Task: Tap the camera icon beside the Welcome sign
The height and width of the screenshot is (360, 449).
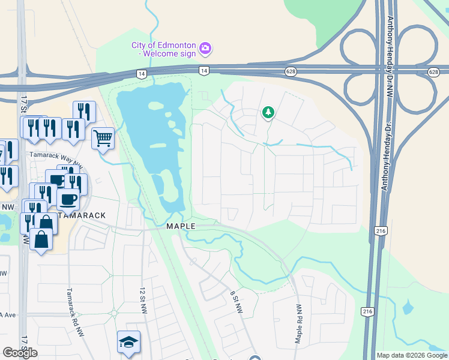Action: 205,47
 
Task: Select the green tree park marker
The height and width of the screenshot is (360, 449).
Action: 268,112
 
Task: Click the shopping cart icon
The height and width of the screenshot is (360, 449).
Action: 103,138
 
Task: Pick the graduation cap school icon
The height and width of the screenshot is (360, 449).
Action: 128,341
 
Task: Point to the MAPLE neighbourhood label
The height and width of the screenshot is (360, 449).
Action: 181,226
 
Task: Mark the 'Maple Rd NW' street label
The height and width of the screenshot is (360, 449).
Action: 298,324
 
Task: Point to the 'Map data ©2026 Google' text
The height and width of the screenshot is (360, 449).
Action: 412,355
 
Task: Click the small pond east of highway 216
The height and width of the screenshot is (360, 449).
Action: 408,308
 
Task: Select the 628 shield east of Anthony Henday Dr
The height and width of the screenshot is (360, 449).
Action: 433,71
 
